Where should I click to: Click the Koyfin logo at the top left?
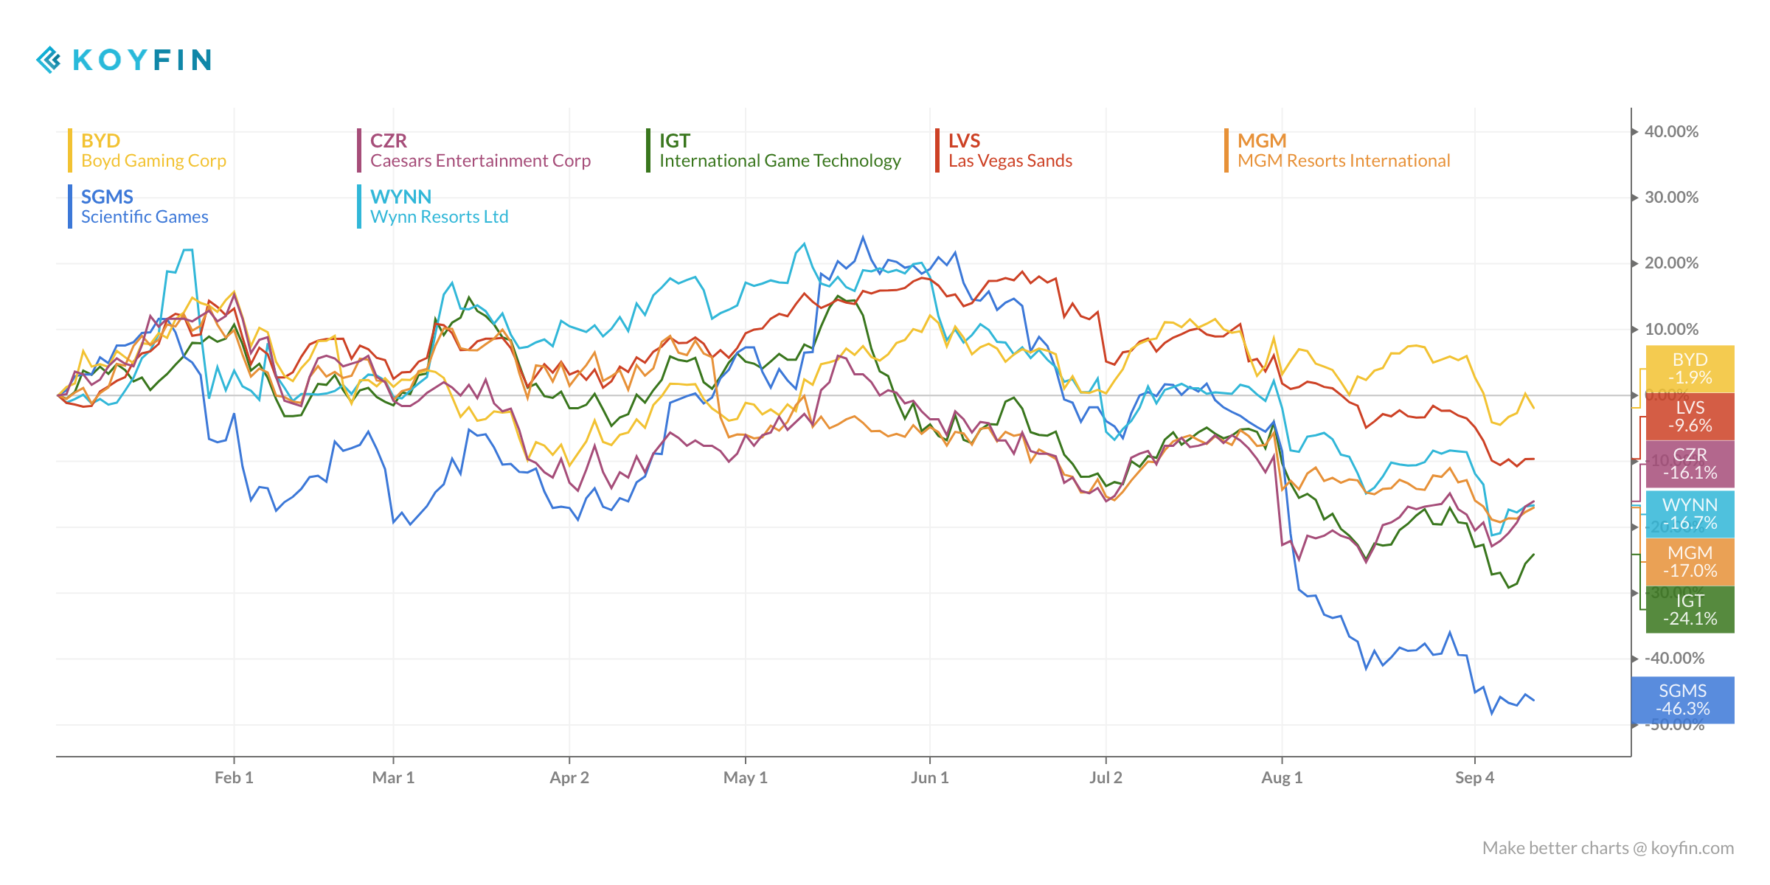(124, 60)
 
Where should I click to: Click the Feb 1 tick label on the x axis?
(234, 777)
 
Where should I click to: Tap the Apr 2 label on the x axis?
(569, 777)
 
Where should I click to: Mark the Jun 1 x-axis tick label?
(929, 777)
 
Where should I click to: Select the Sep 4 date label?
(1474, 777)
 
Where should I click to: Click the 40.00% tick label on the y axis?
(1671, 132)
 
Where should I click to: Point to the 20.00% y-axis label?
(1671, 263)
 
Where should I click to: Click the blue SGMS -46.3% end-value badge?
(1682, 700)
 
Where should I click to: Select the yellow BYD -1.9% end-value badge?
(1690, 369)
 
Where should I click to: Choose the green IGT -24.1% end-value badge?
(1690, 609)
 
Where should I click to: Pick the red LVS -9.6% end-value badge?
(1690, 417)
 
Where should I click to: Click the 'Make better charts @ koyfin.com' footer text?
(1608, 848)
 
